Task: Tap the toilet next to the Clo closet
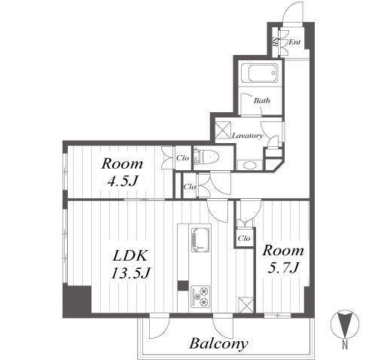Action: tap(206, 157)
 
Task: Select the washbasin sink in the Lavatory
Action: tap(250, 165)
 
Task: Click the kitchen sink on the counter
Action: tap(200, 239)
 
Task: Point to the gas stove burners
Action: tap(200, 297)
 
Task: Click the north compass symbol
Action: tap(345, 324)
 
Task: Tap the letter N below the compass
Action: tap(345, 346)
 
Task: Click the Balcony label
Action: tap(218, 344)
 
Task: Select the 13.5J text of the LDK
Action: tap(130, 273)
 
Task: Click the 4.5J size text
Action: tap(122, 181)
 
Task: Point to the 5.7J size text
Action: tap(283, 267)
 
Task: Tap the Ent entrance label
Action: tap(294, 42)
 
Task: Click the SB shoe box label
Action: tap(275, 42)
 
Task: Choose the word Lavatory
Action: tap(248, 136)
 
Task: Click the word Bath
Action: tap(262, 101)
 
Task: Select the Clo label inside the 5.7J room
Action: tap(244, 238)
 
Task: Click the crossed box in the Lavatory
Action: tap(223, 130)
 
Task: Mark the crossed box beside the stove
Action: tap(245, 305)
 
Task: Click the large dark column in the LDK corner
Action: tap(77, 302)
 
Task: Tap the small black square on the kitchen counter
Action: tap(183, 285)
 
